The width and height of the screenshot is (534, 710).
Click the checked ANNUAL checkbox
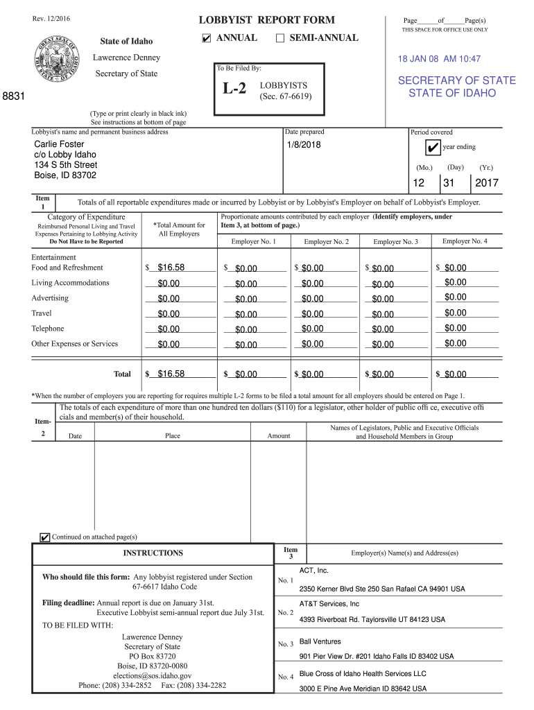tap(207, 38)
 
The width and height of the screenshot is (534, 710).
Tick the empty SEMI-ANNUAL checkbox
tap(280, 38)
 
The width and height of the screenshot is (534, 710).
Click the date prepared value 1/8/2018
tap(303, 145)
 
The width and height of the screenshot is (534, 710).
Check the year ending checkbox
tap(432, 148)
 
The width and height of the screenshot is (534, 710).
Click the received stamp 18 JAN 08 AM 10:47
tap(439, 60)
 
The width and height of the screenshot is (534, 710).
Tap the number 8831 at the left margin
tap(13, 98)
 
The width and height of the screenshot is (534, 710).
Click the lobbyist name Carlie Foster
tap(60, 144)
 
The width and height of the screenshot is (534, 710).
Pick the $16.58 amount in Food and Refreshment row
tap(171, 268)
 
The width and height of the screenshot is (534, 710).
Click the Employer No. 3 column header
tap(395, 242)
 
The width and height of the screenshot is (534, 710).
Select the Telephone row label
tap(47, 329)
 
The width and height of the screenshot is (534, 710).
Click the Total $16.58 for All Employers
tap(171, 374)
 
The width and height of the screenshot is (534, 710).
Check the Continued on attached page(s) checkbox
tap(45, 537)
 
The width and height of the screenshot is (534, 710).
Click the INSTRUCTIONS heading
tap(153, 553)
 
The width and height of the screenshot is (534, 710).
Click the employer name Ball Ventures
tap(320, 642)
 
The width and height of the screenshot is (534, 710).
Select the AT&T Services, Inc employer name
tap(329, 604)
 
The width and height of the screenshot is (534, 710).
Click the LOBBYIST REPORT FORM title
tap(267, 20)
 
